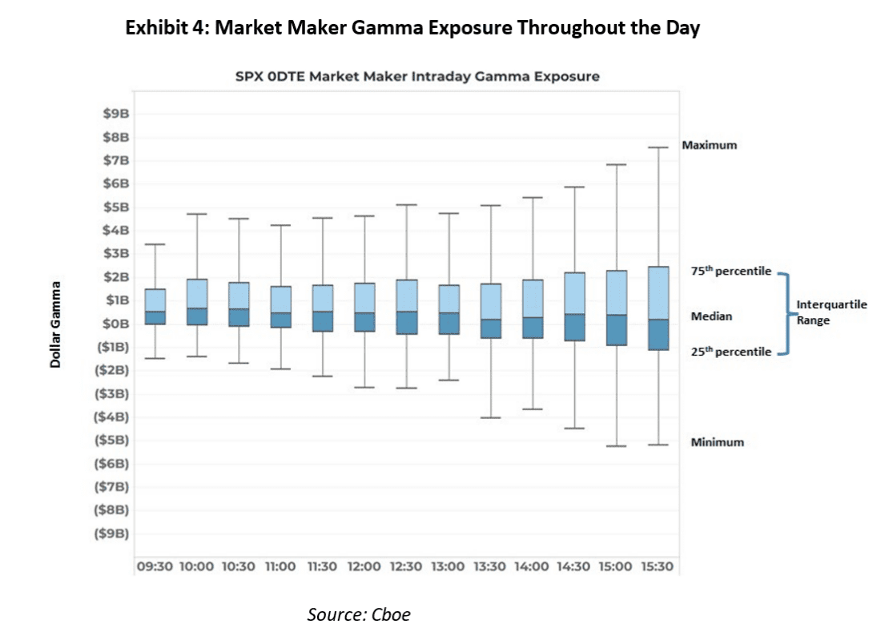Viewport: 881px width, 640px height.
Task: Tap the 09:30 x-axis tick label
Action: (x=154, y=566)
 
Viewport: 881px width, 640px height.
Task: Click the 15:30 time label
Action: (x=657, y=566)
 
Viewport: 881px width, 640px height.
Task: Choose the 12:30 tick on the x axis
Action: (x=406, y=566)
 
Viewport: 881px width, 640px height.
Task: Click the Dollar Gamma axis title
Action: (x=56, y=324)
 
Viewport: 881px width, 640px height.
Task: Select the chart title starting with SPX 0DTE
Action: (x=417, y=76)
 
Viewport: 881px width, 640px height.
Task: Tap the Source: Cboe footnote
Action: (x=359, y=614)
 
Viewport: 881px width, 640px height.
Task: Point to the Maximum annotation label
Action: (x=709, y=146)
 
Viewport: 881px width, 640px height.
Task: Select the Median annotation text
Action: (x=711, y=317)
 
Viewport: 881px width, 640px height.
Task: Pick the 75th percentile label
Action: (x=730, y=271)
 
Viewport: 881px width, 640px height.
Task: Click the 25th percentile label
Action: (x=730, y=352)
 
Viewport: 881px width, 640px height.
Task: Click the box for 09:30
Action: (x=155, y=307)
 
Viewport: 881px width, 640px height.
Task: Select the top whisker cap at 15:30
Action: (x=658, y=147)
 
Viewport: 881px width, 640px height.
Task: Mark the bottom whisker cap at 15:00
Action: (x=616, y=445)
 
